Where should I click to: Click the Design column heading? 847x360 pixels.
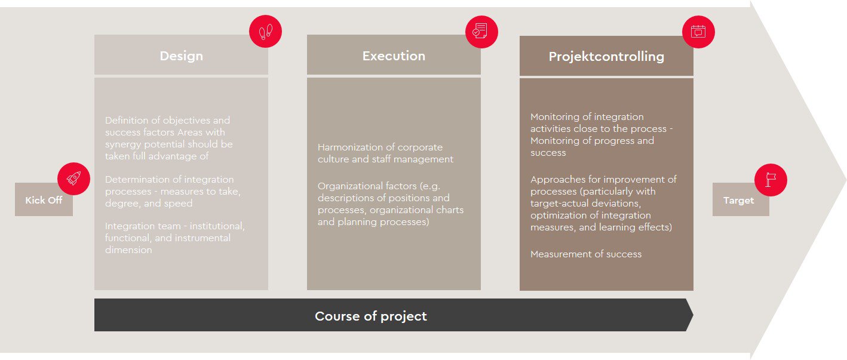click(181, 56)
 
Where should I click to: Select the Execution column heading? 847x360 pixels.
click(394, 56)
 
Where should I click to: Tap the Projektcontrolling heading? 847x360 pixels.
click(606, 57)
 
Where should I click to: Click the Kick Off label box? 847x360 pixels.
click(44, 199)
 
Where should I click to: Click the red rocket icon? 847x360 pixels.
click(73, 179)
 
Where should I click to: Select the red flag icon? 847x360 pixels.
click(771, 180)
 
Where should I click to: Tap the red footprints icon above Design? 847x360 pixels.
click(265, 32)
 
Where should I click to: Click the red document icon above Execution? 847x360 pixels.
click(481, 32)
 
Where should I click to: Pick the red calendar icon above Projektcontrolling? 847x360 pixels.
click(698, 32)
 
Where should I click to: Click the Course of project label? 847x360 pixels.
click(370, 316)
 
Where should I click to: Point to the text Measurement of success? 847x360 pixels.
click(586, 254)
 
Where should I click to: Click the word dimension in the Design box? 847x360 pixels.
click(128, 250)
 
